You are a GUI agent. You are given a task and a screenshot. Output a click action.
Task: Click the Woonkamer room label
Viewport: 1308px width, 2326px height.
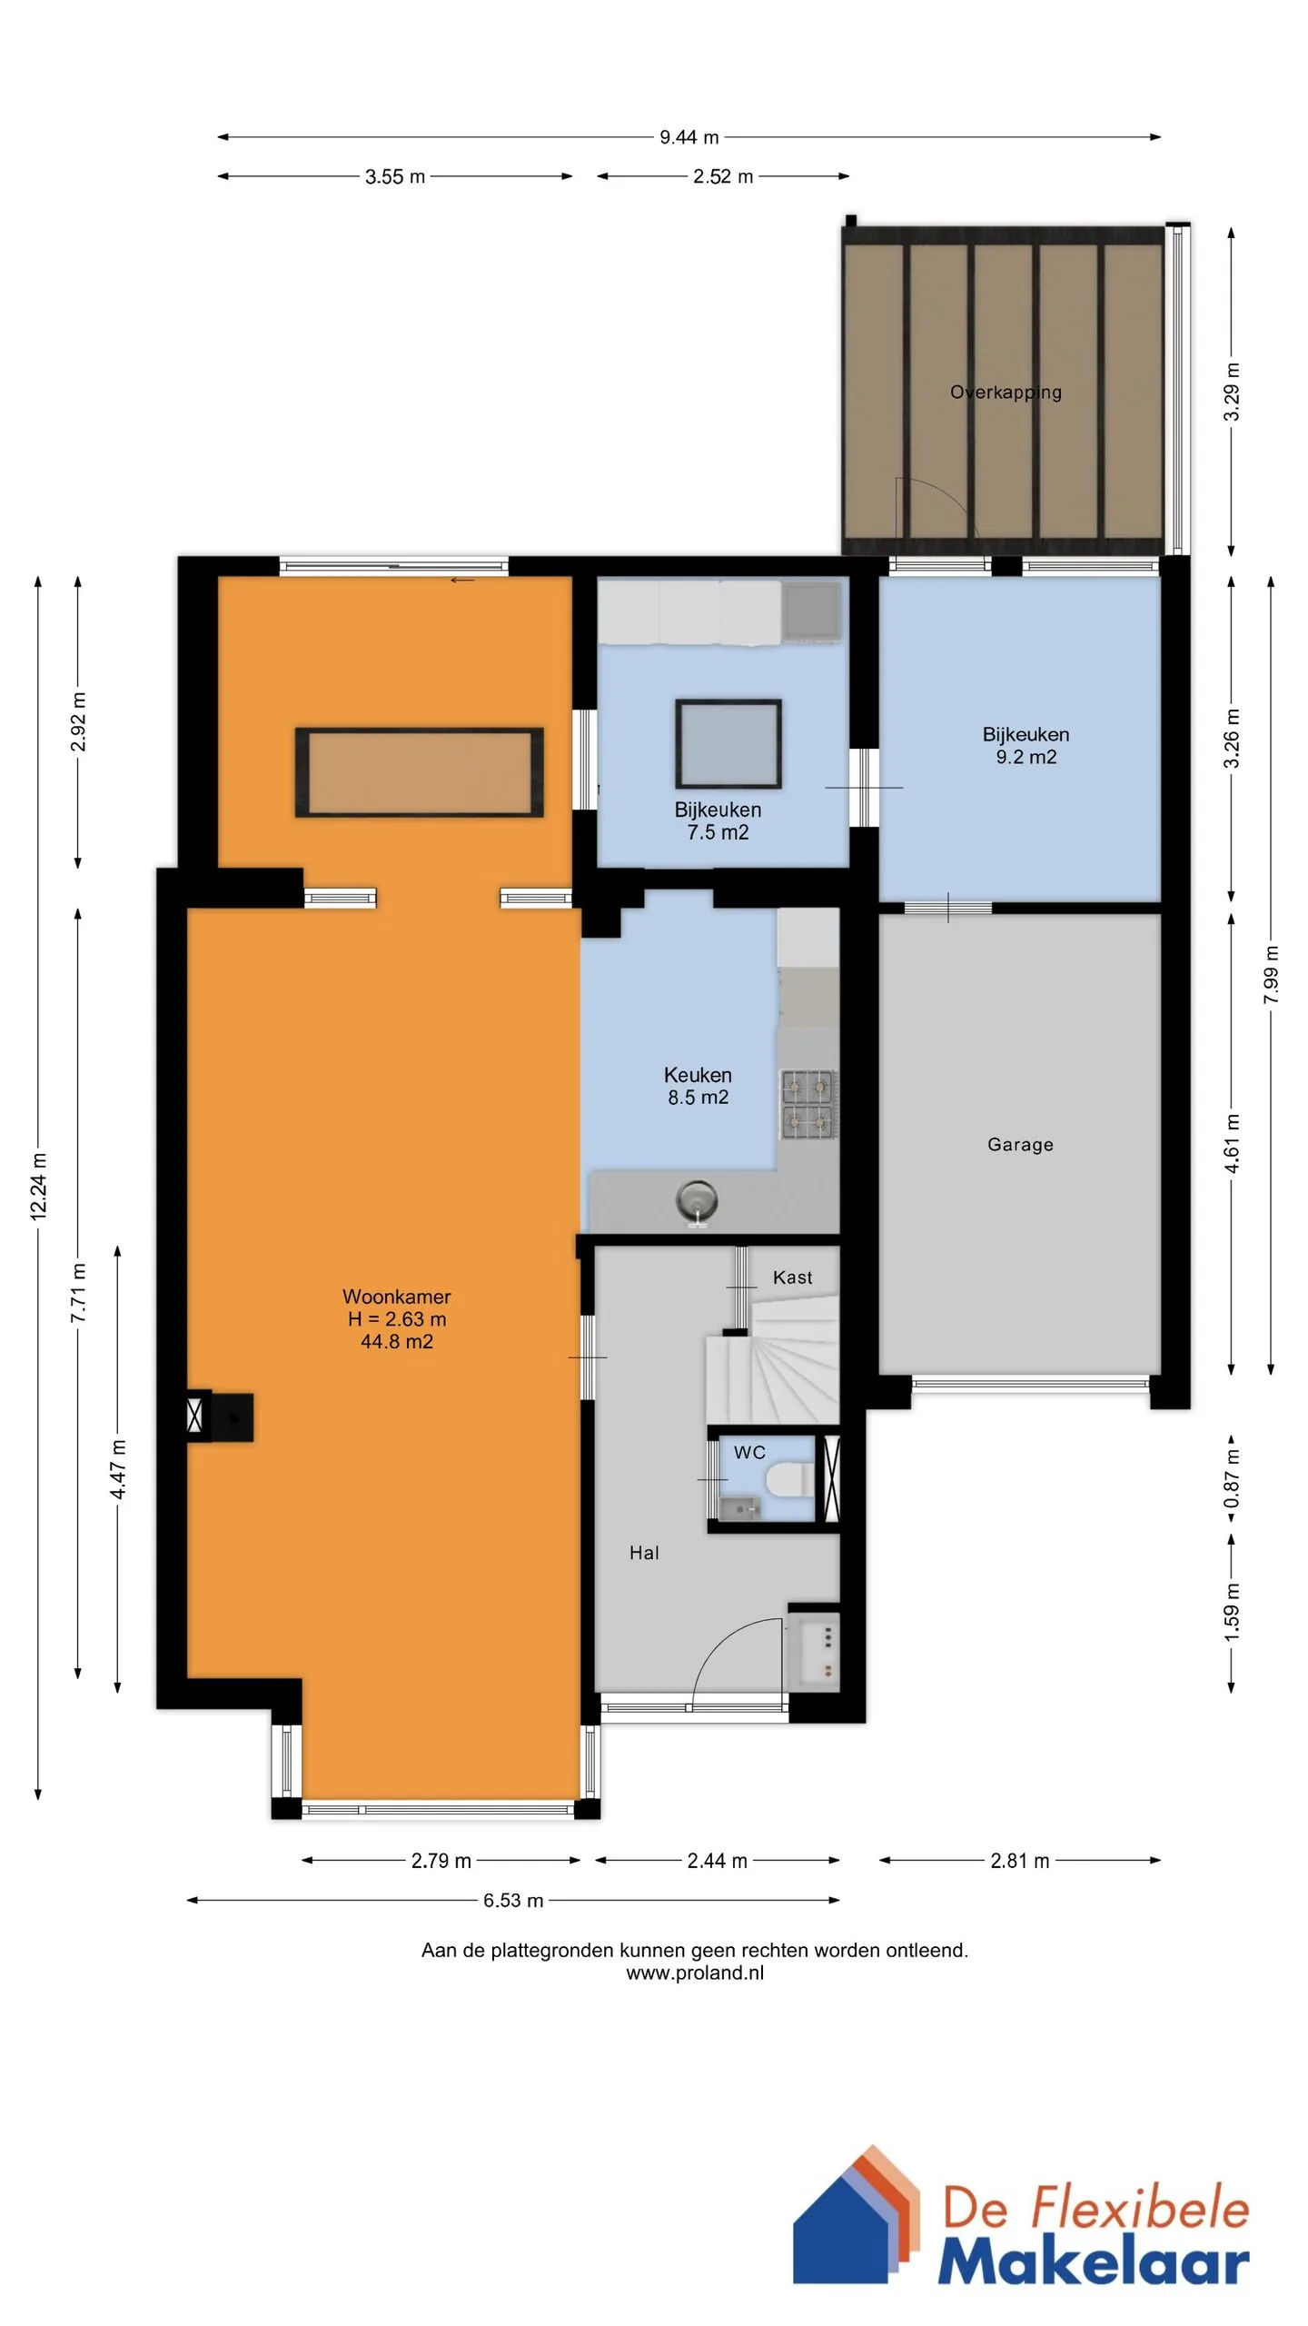396,1297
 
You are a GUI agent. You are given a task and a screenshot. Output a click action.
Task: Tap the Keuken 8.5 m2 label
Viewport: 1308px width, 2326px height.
698,1086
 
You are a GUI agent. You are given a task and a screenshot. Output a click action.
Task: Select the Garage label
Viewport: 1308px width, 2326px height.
1020,1145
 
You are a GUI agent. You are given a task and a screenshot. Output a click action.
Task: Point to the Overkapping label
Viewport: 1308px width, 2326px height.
1006,393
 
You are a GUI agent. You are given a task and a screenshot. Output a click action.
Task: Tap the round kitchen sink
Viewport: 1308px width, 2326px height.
697,1201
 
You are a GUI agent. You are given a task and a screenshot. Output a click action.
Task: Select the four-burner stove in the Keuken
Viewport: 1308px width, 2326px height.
808,1104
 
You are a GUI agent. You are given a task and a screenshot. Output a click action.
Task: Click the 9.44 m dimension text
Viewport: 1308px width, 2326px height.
689,137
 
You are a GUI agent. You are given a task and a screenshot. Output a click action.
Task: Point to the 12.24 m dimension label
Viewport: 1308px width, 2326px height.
39,1186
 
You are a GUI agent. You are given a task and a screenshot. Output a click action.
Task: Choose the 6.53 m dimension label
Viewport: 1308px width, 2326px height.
513,1901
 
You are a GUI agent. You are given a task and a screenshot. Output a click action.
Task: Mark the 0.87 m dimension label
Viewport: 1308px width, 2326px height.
1232,1477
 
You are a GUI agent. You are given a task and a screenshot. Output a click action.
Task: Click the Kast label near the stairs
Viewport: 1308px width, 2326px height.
792,1277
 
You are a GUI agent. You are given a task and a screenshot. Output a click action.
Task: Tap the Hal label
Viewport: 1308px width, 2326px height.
644,1553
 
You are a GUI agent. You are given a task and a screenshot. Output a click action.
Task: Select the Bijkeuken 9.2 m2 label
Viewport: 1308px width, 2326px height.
1026,746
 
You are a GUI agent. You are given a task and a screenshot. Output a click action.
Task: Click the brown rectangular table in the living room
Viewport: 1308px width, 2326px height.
419,772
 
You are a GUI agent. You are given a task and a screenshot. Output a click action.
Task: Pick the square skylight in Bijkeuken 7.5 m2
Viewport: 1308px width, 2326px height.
728,743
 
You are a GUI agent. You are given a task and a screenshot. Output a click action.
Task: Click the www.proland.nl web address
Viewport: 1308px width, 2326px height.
695,1973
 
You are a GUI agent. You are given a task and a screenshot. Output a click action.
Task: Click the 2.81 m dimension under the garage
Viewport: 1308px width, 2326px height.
1019,1861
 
